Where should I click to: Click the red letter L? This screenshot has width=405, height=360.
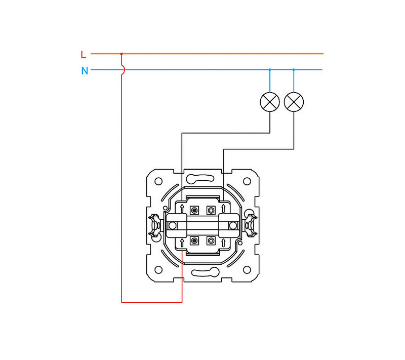[x=83, y=55]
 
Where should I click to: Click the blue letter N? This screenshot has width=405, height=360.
[x=85, y=71]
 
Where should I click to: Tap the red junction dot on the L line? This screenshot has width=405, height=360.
[x=121, y=54]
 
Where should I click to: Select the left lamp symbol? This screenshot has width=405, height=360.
[x=270, y=102]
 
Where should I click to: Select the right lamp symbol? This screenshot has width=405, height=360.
[x=294, y=102]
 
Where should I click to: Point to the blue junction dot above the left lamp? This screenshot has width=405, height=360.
[x=270, y=70]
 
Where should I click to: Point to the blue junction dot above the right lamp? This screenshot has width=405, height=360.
[x=294, y=70]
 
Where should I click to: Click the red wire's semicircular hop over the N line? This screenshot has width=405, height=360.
[x=124, y=69]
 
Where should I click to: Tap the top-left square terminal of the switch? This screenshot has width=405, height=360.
[x=194, y=211]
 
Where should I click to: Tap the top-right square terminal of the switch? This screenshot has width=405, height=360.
[x=211, y=211]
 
